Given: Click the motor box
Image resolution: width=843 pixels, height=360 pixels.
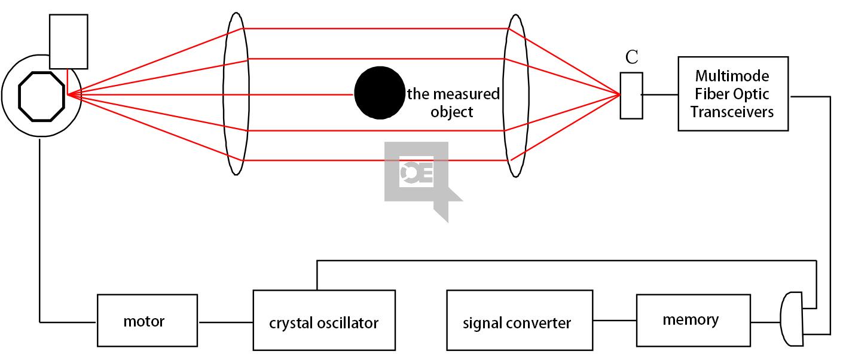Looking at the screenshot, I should [147, 321].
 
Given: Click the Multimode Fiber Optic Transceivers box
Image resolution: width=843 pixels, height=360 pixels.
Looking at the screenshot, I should [732, 93].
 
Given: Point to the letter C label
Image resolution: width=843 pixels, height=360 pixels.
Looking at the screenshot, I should [631, 58].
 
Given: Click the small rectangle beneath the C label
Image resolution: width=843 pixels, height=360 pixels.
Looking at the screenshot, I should [631, 95].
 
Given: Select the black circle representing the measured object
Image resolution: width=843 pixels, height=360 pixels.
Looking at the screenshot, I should [379, 93].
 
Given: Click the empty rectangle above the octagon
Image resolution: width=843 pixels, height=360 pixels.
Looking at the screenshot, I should [68, 41].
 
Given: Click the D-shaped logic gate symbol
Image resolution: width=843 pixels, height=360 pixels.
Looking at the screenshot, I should [791, 319].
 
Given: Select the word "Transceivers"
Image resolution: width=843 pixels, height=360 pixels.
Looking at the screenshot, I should [732, 112].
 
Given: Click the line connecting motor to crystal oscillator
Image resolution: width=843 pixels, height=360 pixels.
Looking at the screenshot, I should [225, 322].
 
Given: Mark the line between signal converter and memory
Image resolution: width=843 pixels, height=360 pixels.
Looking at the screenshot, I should [614, 321].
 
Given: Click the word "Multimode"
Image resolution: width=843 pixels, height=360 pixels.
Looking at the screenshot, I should [732, 77].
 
